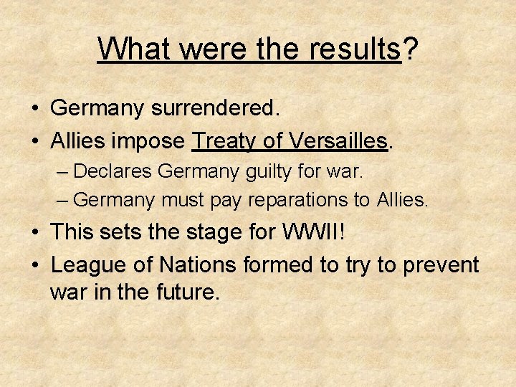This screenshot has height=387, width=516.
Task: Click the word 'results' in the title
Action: [x=355, y=49]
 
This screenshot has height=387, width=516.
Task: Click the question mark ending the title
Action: [x=410, y=49]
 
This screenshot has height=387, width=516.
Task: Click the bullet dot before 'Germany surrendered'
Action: [x=34, y=109]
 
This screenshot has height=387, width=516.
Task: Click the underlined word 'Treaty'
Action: [x=224, y=140]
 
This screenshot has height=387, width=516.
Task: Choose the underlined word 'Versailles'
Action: [x=338, y=140]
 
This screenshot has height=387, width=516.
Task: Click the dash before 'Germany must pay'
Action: [x=64, y=200]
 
